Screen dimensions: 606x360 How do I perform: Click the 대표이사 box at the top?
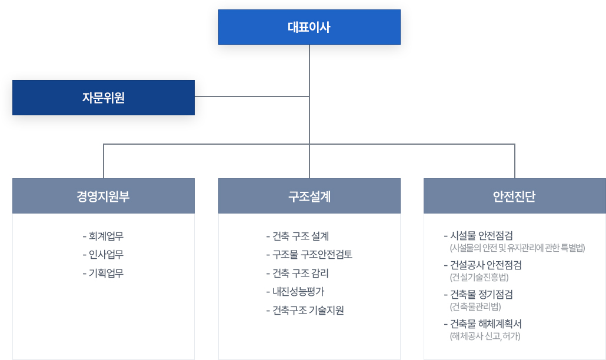pyautogui.click(x=309, y=27)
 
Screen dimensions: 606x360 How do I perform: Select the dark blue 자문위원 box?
pyautogui.click(x=104, y=97)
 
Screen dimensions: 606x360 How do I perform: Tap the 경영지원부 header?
pyautogui.click(x=104, y=196)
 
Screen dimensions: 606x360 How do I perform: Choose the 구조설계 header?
pyautogui.click(x=309, y=196)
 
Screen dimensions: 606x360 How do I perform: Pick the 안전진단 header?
pyautogui.click(x=515, y=196)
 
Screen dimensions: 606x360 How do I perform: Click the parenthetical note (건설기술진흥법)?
pyautogui.click(x=480, y=277)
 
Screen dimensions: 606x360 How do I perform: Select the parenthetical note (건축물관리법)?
pyautogui.click(x=475, y=306)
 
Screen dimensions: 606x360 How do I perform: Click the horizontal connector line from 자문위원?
pyautogui.click(x=252, y=96)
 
